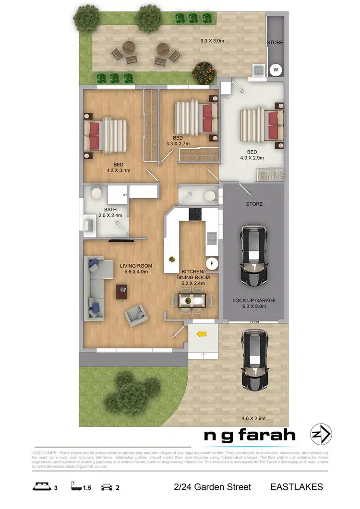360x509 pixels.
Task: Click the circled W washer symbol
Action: pos(276,70)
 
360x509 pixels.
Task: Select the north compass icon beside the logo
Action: pos(320,435)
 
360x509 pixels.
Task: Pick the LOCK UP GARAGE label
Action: pos(254,301)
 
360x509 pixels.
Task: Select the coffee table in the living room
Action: pos(122,291)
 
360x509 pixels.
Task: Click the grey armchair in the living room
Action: pos(135,315)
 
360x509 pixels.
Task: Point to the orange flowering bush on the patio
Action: pos(204,73)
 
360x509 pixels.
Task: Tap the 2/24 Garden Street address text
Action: pos(212,487)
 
